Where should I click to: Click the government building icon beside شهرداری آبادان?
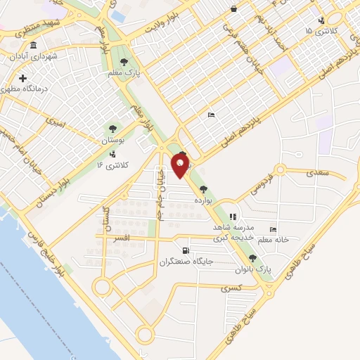pyautogui.click(x=13, y=55)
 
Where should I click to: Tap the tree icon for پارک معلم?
pyautogui.click(x=124, y=63)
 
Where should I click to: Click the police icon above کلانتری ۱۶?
pyautogui.click(x=112, y=154)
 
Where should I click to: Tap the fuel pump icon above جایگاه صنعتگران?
pyautogui.click(x=185, y=250)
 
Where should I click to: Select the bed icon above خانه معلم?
pyautogui.click(x=274, y=230)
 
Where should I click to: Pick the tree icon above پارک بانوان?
pyautogui.click(x=252, y=259)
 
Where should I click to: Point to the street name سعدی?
pyautogui.click(x=317, y=171)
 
